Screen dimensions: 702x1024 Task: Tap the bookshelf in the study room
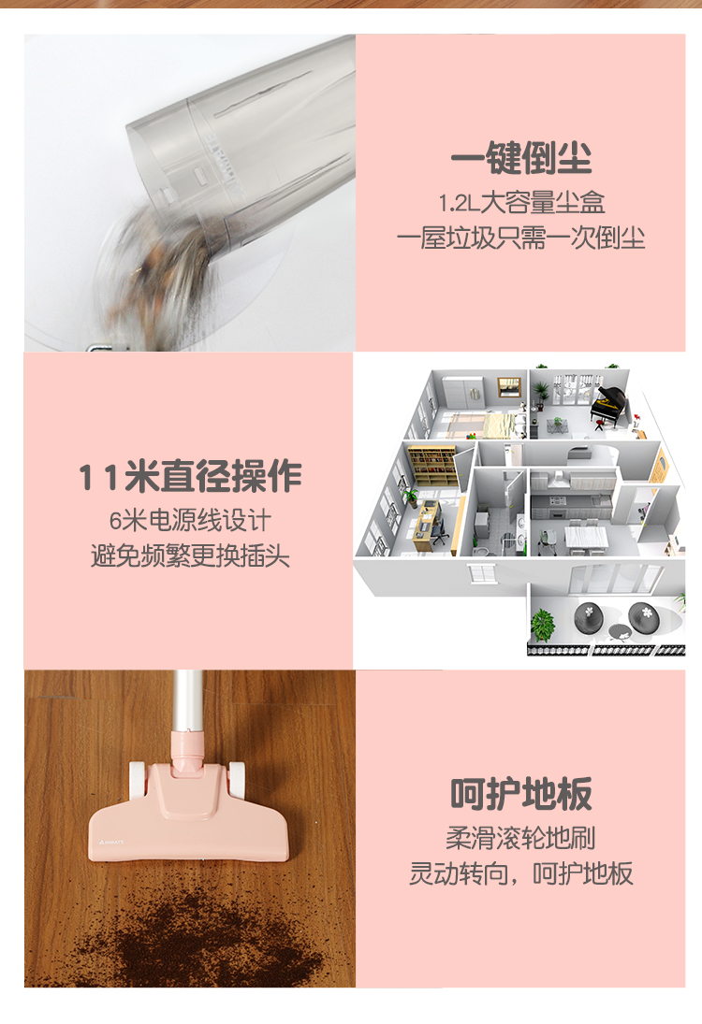point(432,464)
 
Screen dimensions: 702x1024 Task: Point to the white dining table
point(586,536)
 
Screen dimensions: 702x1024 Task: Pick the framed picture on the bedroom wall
point(509,386)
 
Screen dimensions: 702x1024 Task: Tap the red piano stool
point(599,425)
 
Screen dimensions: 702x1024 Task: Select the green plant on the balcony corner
point(542,625)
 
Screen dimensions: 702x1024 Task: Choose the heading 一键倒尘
point(521,158)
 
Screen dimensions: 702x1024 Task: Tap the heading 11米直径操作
point(190,476)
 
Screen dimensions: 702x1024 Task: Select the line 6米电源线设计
point(190,521)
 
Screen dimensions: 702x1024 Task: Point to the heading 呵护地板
point(521,794)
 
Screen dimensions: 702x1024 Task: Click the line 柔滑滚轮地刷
point(521,838)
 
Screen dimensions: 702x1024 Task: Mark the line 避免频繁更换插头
point(190,556)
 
